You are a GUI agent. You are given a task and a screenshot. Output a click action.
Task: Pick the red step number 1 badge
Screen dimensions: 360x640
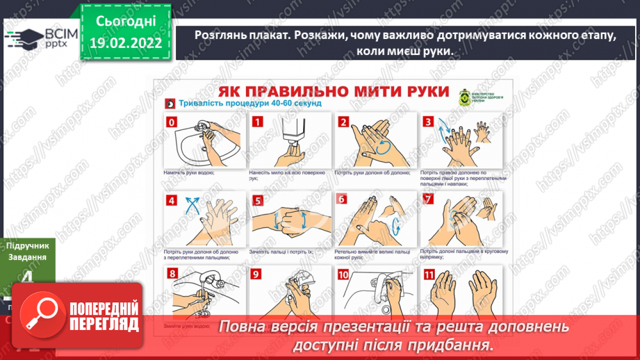click(x=257, y=122)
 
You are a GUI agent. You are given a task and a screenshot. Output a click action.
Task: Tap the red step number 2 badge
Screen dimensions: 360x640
click(x=343, y=122)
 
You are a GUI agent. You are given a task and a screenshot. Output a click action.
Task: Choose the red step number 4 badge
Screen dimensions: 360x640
click(x=171, y=201)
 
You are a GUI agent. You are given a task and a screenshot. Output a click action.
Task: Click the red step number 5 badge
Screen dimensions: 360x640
click(x=257, y=201)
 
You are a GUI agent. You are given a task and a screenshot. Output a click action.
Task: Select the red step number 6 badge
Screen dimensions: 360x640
click(x=343, y=201)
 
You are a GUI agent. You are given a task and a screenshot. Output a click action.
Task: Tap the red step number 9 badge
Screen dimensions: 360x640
click(x=257, y=275)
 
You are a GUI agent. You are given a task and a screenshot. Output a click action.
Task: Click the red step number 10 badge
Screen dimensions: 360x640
click(x=343, y=275)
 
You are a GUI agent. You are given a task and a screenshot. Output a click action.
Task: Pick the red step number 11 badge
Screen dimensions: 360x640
click(x=429, y=275)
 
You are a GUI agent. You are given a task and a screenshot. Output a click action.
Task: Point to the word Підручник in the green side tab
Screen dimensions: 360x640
click(x=29, y=246)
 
